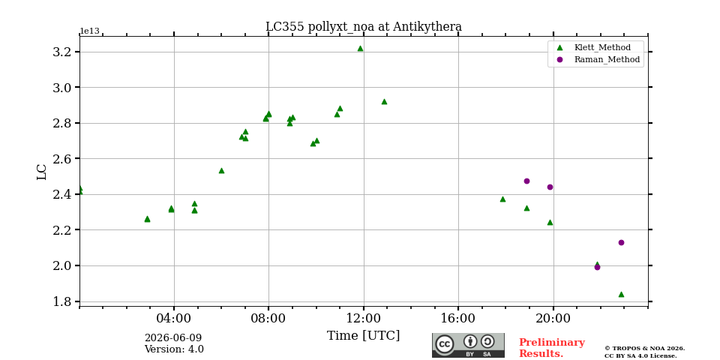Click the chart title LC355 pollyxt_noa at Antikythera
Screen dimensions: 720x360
tap(364, 27)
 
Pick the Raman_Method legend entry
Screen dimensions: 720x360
tap(598, 59)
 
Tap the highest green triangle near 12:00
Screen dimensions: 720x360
tap(360, 48)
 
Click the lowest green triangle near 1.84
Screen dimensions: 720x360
tap(621, 294)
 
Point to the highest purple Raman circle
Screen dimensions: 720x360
tap(526, 181)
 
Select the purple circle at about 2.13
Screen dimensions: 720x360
tap(621, 242)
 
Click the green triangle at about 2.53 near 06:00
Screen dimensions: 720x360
tap(221, 170)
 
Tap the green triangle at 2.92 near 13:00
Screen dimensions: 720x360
tap(384, 101)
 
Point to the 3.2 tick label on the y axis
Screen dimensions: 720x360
tap(63, 52)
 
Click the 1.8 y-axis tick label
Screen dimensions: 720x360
tap(63, 301)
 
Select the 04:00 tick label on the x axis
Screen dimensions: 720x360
tap(174, 318)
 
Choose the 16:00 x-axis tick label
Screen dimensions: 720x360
tap(459, 318)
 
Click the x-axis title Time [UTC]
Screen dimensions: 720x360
tap(363, 336)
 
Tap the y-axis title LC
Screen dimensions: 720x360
tap(42, 172)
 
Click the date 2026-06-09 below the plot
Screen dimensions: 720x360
tap(173, 338)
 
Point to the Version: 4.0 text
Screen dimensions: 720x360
tap(174, 349)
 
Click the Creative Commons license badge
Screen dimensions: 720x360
tap(468, 345)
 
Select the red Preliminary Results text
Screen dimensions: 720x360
tap(552, 348)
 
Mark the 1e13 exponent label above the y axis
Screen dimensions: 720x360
tap(90, 31)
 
